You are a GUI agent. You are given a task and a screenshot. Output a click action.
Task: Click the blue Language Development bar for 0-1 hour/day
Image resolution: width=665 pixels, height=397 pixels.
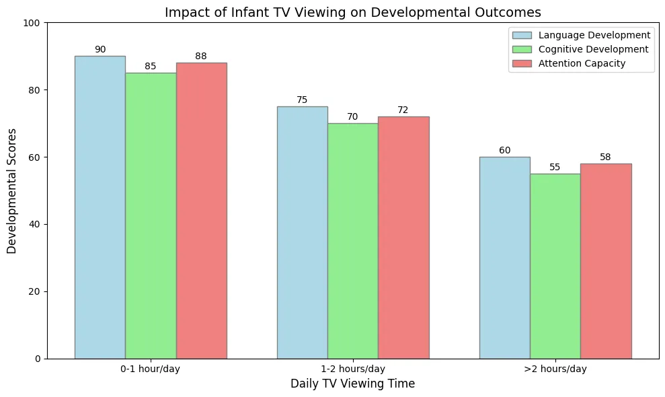click(x=100, y=207)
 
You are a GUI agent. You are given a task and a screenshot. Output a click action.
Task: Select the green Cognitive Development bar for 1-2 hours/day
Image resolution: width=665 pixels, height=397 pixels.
click(x=353, y=241)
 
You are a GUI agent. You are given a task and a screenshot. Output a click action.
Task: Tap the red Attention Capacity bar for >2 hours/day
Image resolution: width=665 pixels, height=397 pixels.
click(x=606, y=261)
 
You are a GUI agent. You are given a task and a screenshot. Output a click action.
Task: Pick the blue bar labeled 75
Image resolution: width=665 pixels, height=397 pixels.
click(x=303, y=233)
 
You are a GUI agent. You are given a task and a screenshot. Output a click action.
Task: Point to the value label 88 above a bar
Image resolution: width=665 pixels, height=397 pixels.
click(x=201, y=56)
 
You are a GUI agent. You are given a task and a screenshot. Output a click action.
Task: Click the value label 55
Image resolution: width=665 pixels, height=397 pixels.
click(x=555, y=168)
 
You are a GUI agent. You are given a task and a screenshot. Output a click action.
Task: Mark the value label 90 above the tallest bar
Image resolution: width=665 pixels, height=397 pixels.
click(x=100, y=49)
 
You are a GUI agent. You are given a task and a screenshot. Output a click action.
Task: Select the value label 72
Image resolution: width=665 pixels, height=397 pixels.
click(x=403, y=110)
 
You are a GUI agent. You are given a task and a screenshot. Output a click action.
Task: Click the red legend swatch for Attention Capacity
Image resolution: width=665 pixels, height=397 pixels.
click(x=522, y=63)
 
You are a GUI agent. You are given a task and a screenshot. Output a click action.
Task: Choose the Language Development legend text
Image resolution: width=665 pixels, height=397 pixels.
click(x=594, y=35)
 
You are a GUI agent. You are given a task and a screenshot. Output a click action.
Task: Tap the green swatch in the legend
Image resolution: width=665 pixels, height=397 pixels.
click(x=522, y=49)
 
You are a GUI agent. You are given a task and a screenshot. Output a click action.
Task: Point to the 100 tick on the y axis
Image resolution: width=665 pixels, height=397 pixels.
click(x=32, y=23)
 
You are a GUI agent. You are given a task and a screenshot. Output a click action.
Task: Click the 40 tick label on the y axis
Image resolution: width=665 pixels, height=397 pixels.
click(x=35, y=224)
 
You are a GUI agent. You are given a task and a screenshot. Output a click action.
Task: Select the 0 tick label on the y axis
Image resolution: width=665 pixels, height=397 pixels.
click(x=38, y=359)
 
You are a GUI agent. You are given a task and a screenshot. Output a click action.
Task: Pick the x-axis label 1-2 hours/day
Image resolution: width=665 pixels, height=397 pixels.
click(x=353, y=369)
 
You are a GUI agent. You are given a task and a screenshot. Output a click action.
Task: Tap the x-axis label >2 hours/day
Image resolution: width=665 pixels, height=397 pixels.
click(x=555, y=369)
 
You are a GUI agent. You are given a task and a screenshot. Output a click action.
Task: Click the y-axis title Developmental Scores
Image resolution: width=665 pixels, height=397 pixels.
click(x=11, y=191)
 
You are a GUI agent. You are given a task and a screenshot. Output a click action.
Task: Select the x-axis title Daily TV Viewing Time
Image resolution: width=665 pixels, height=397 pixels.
click(x=353, y=384)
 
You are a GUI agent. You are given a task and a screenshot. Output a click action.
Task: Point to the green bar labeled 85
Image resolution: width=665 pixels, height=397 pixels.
click(x=151, y=216)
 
